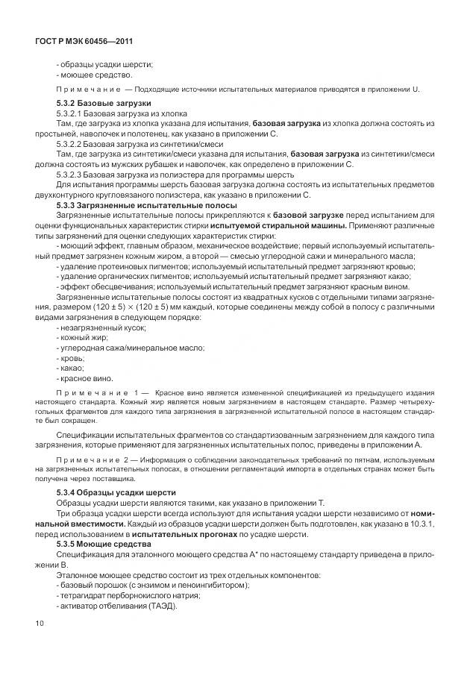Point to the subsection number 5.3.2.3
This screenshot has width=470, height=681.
[72, 175]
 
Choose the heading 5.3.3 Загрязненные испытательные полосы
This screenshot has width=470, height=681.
[147, 204]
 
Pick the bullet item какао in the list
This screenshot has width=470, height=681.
[71, 368]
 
